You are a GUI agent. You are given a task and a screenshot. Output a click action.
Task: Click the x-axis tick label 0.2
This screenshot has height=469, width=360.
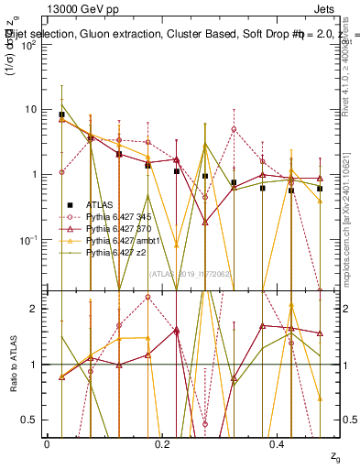point(162,444)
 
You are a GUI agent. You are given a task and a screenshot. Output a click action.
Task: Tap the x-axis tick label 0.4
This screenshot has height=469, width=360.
point(278,444)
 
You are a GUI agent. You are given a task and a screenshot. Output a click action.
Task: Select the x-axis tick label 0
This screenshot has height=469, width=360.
point(47,444)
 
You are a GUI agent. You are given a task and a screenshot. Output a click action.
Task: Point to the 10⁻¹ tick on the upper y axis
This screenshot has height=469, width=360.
point(28,240)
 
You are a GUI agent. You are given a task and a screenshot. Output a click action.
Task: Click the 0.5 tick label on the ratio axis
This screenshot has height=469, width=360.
point(30,420)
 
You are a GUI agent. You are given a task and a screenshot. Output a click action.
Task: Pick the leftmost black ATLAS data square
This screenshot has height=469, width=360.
point(61,115)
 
